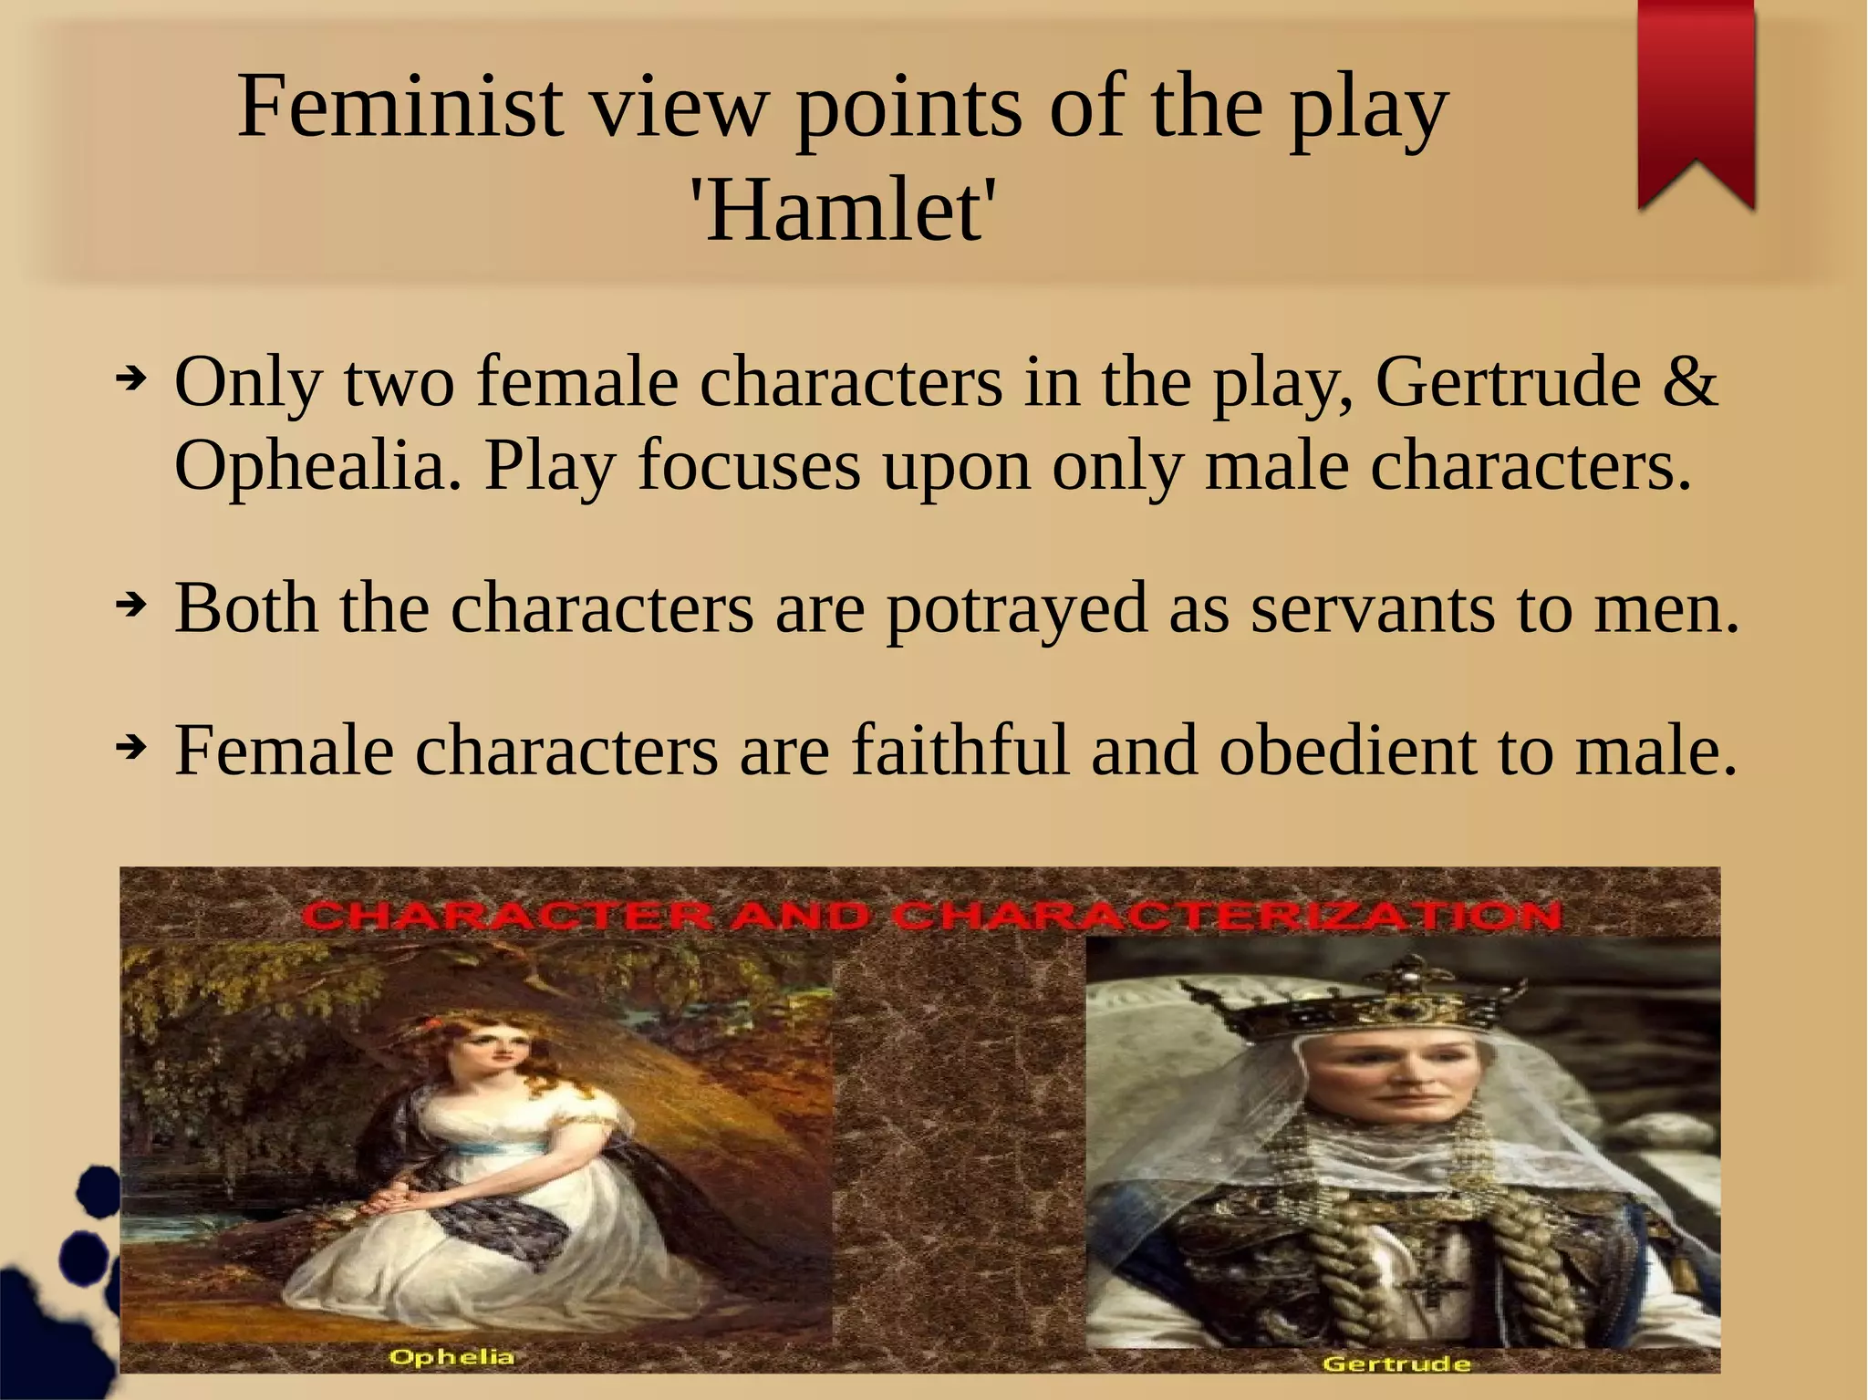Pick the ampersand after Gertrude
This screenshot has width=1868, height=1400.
coord(1689,381)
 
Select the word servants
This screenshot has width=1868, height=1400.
coord(1372,609)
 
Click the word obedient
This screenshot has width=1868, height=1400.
coord(1346,751)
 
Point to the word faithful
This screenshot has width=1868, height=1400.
coord(960,751)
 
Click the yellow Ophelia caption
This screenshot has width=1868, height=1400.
coord(451,1357)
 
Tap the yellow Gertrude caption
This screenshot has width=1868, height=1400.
coord(1396,1364)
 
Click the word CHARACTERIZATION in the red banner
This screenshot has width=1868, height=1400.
coord(1226,916)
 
